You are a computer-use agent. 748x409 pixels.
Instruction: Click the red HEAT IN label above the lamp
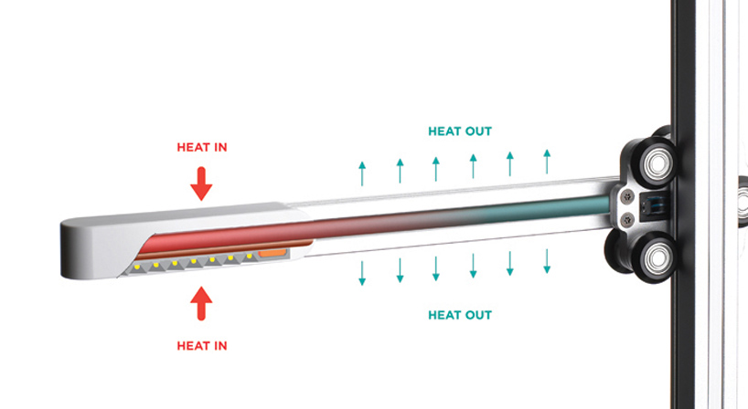coord(202,147)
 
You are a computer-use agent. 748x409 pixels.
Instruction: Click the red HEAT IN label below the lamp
coord(202,346)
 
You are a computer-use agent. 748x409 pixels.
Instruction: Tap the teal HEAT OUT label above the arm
coord(460,131)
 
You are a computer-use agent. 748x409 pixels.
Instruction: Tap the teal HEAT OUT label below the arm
coord(460,315)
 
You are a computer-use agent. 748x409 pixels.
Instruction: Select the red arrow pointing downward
coord(201,184)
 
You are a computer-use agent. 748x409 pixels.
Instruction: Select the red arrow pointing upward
coord(201,303)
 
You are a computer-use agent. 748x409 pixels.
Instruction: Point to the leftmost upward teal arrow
coord(362,173)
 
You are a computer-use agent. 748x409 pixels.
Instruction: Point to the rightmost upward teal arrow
coord(547,162)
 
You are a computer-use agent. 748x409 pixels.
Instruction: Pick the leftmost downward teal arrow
coord(362,273)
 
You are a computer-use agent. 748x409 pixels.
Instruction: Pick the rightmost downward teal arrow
coord(547,261)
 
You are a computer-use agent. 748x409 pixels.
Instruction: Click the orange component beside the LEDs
coord(272,253)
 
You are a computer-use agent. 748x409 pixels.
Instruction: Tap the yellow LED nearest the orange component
coord(249,257)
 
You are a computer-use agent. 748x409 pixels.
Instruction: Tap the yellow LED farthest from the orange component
coord(137,267)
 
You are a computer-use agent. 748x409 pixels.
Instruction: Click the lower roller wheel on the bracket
coord(656,258)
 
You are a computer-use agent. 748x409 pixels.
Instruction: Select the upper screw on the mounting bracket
coord(628,194)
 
